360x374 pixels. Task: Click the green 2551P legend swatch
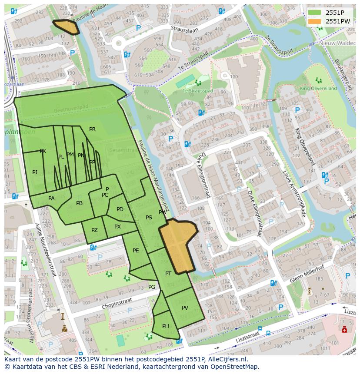(315, 13)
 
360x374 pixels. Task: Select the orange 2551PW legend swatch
(315, 21)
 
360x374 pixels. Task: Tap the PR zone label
(92, 129)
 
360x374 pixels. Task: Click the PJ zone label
(35, 172)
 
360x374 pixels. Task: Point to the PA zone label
(51, 199)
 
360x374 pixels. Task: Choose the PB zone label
(79, 203)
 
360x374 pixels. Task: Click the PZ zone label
(94, 230)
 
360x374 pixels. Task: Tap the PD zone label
(120, 209)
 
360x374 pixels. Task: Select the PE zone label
(136, 251)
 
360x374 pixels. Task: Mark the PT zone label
(168, 273)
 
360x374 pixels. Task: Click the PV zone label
(185, 308)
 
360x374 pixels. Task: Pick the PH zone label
(165, 326)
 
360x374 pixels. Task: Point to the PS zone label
(149, 218)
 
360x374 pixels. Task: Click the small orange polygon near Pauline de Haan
(66, 27)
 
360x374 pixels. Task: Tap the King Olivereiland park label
(318, 88)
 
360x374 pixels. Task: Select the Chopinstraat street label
(116, 304)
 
